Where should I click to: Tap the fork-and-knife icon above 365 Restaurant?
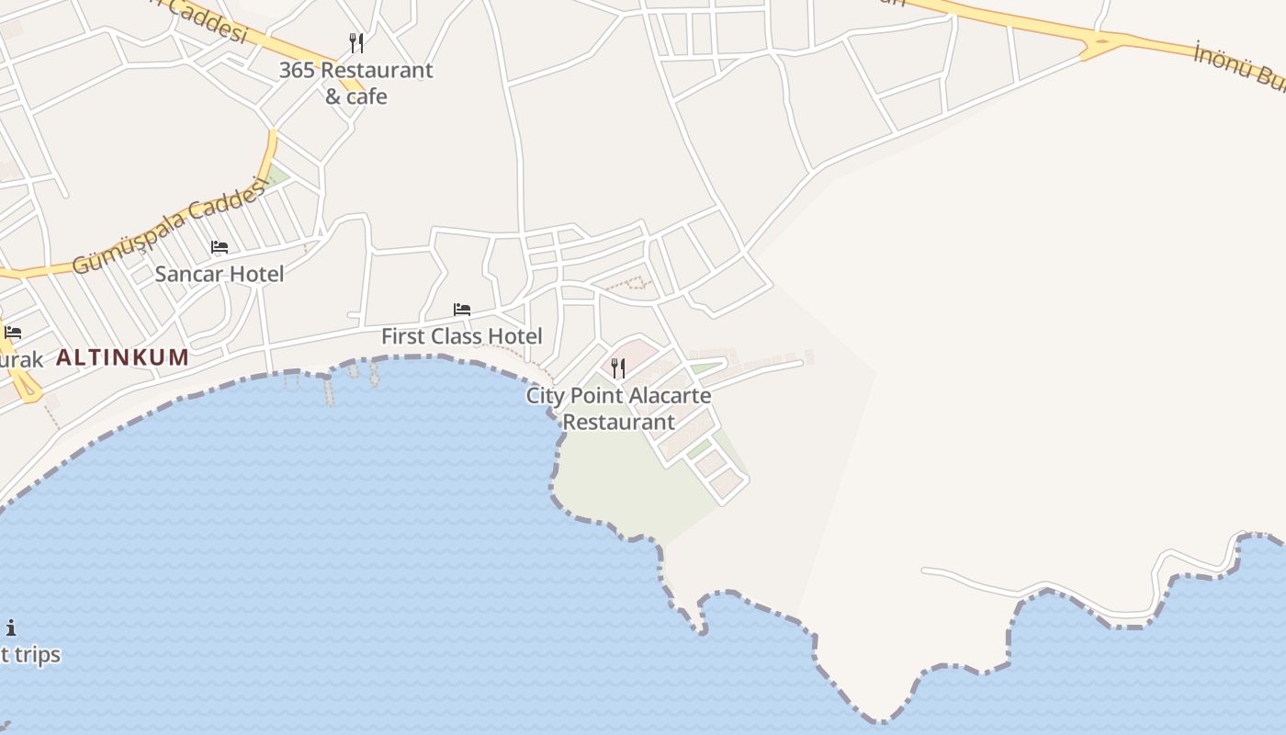(x=356, y=42)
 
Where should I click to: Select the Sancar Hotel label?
(x=219, y=274)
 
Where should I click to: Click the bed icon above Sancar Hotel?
(x=220, y=247)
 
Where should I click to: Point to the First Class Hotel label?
(x=461, y=336)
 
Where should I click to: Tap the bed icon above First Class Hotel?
(x=462, y=310)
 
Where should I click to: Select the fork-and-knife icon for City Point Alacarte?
(x=618, y=368)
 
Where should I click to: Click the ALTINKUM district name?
(x=123, y=357)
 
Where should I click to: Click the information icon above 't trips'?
(x=11, y=628)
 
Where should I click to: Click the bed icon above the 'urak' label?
(x=12, y=333)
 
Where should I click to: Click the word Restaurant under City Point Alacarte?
(x=618, y=423)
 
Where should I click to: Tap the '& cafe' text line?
(x=355, y=96)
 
